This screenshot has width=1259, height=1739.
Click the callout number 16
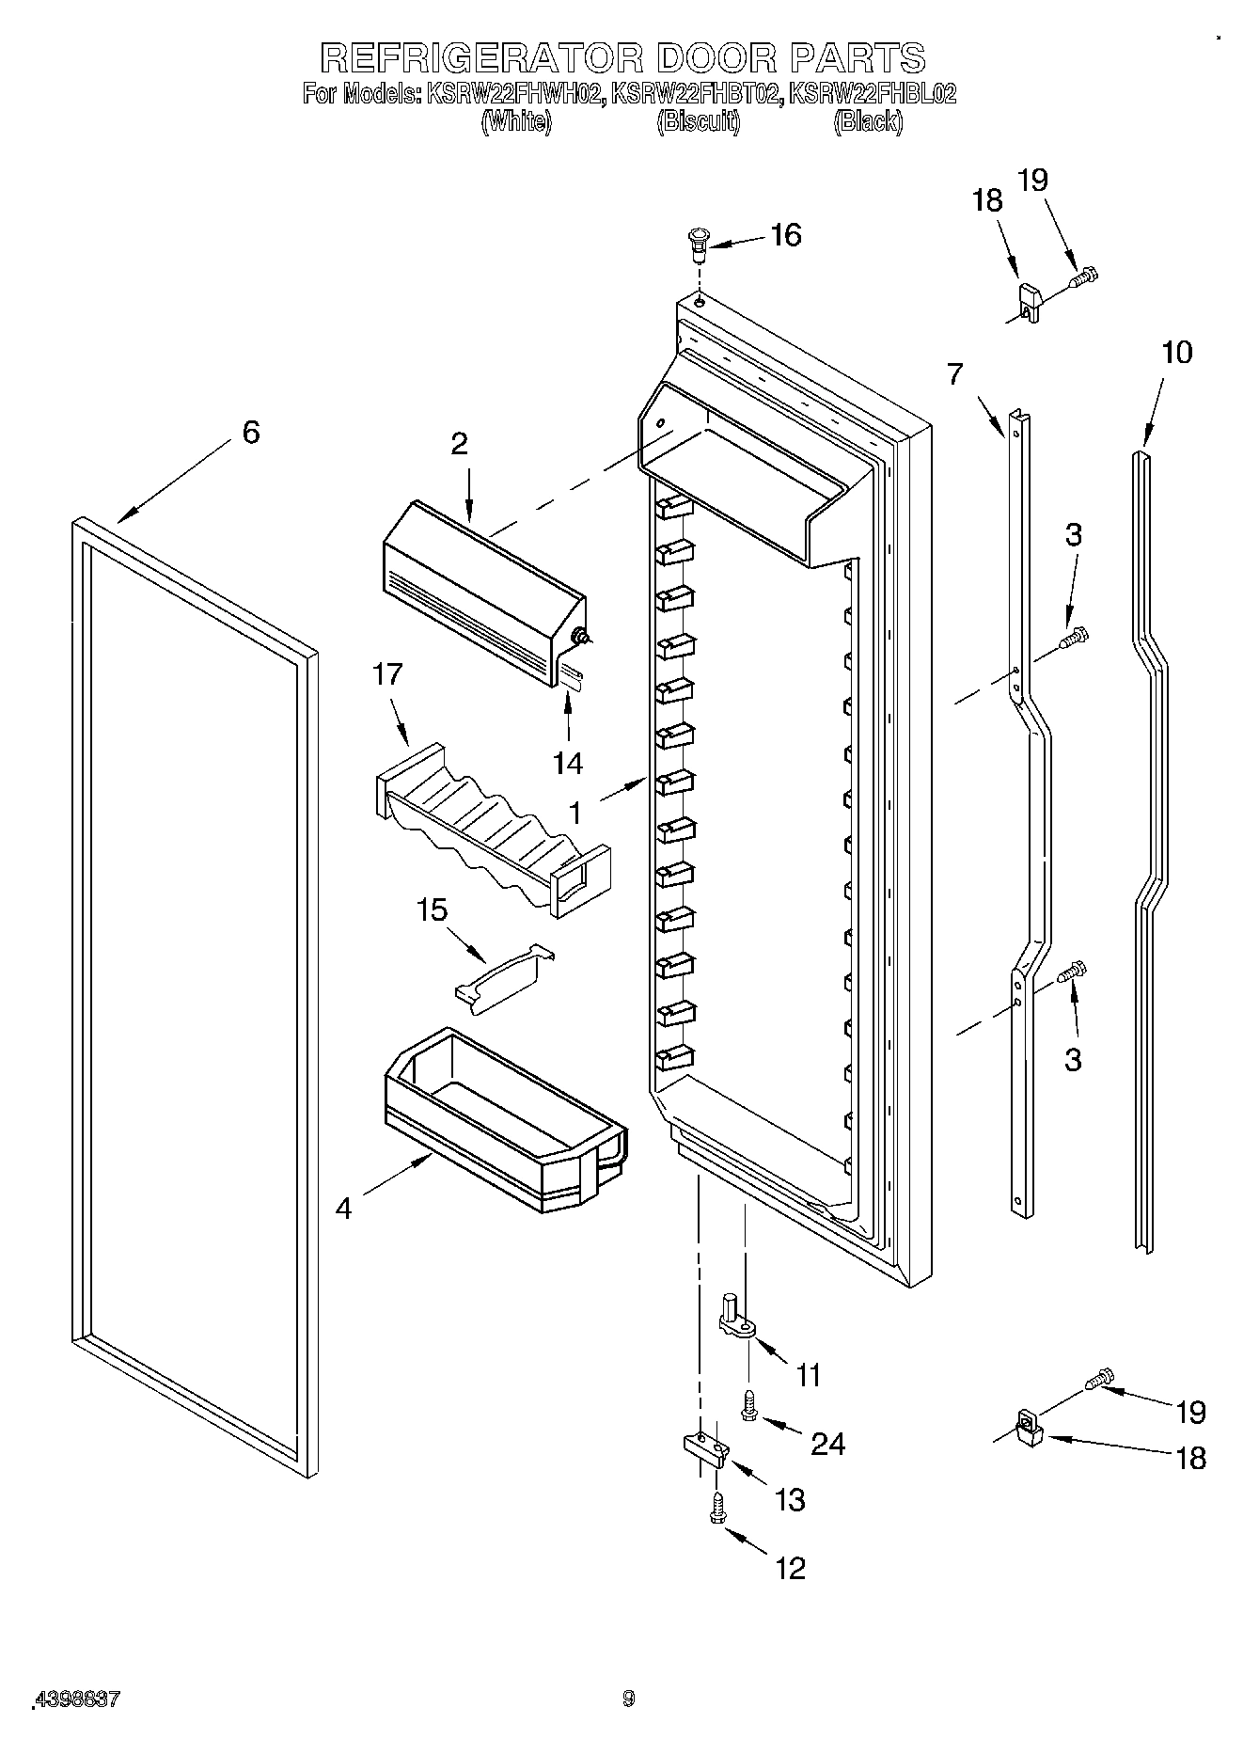click(x=786, y=235)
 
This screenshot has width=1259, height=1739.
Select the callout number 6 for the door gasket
click(x=250, y=433)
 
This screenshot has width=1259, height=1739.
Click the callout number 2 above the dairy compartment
click(x=459, y=444)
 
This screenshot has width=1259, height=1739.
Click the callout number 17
click(x=387, y=674)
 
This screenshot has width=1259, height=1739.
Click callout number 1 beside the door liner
click(x=574, y=811)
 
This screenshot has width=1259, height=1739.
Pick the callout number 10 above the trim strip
click(x=1176, y=353)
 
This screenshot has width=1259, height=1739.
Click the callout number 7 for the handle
click(x=955, y=374)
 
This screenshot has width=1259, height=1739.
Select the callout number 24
click(x=828, y=1443)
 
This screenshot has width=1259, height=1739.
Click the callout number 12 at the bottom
click(x=790, y=1568)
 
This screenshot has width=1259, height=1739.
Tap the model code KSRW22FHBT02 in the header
click(x=696, y=94)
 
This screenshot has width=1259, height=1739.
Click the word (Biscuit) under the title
click(x=698, y=121)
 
